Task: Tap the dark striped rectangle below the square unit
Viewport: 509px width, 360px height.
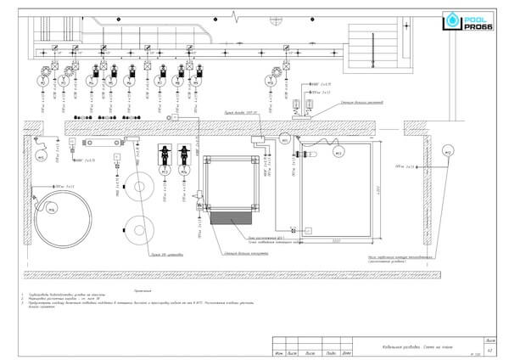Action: point(229,219)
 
